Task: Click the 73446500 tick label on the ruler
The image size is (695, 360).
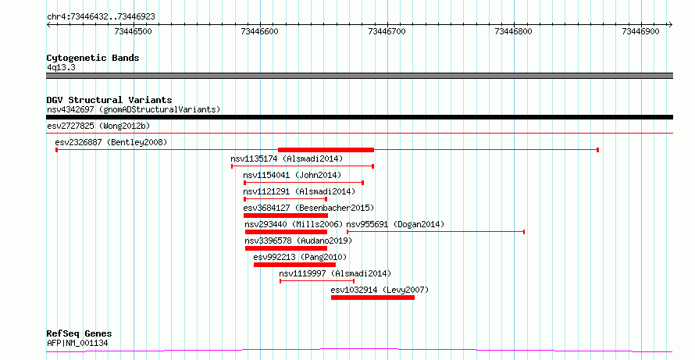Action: (x=133, y=31)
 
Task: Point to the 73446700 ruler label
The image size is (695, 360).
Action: (x=387, y=31)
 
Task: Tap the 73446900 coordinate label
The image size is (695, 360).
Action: (x=640, y=31)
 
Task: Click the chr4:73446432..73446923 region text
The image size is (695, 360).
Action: (x=101, y=17)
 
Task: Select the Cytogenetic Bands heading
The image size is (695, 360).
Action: (x=93, y=58)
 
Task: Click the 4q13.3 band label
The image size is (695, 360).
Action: (x=61, y=67)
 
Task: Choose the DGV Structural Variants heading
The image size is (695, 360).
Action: (x=109, y=100)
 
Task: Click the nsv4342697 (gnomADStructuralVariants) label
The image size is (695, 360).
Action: (x=134, y=109)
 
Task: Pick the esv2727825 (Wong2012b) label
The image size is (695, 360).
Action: (x=98, y=126)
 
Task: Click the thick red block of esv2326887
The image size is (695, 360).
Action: (x=326, y=150)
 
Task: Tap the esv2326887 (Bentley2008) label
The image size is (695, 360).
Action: (x=111, y=142)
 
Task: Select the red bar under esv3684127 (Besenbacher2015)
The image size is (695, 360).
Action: (x=286, y=216)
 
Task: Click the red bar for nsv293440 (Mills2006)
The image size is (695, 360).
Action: (x=286, y=232)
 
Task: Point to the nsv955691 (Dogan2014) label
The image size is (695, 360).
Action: (x=395, y=224)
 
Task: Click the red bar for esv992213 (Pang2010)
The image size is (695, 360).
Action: (x=294, y=265)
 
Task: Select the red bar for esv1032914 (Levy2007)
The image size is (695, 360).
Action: (x=372, y=298)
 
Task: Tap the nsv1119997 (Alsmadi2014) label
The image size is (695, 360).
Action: (x=335, y=273)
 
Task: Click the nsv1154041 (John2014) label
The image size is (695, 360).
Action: (x=292, y=175)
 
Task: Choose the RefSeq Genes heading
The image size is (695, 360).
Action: (x=80, y=333)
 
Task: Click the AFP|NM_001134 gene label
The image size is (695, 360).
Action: (x=77, y=343)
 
